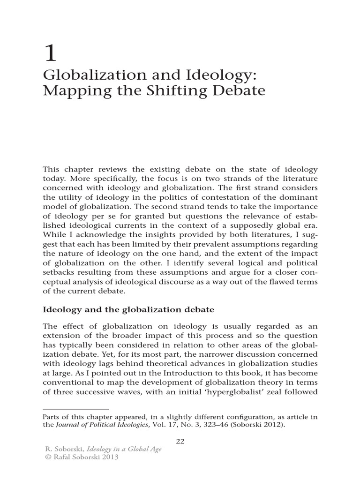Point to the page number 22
point(180,441)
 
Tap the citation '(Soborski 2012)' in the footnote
point(255,425)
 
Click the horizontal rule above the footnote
point(75,409)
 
